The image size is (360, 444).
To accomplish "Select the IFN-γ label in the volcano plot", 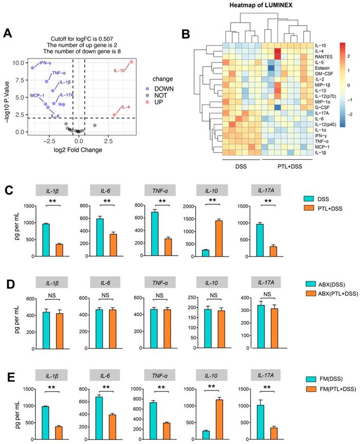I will (x=46, y=63).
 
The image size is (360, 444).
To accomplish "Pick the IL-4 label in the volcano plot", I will (x=125, y=107).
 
